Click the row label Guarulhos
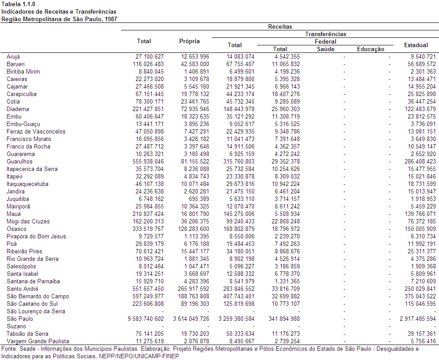coord(19,161)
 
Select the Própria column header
coord(189,41)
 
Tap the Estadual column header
coord(416,45)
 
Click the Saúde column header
coord(325,49)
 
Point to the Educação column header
coord(371,49)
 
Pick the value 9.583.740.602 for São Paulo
coord(146,319)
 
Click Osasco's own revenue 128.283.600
coord(193,229)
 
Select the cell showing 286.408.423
coord(420,161)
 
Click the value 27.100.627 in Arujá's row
coord(150,56)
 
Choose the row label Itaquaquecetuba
coord(27,184)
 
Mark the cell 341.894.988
coord(284,319)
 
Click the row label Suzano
coord(16,327)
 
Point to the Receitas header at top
coord(280,26)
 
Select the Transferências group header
coord(325,34)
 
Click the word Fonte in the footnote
coord(8,349)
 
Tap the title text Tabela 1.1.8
coord(18,4)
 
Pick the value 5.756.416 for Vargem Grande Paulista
coord(423,341)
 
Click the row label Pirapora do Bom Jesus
coord(36,237)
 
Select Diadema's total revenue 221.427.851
coord(148,109)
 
